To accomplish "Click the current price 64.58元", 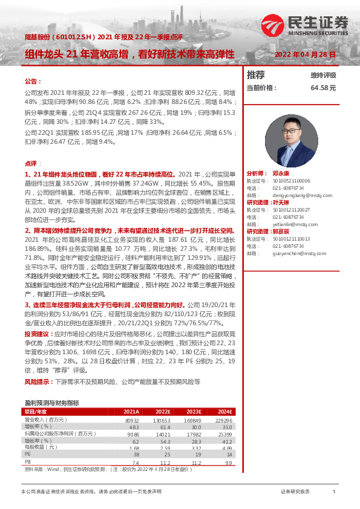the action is pyautogui.click(x=323, y=88).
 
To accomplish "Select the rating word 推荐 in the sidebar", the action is pyautogui.click(x=256, y=75).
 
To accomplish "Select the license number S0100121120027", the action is pyautogui.click(x=294, y=209).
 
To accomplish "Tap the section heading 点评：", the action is pyautogui.click(x=32, y=164).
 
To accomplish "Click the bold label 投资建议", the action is pyautogui.click(x=38, y=334).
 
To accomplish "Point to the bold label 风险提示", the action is pyautogui.click(x=38, y=382).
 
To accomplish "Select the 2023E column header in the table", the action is pyautogui.click(x=193, y=412).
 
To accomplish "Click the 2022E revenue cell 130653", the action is pyautogui.click(x=160, y=419).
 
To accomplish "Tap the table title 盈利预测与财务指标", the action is pyautogui.click(x=51, y=403).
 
